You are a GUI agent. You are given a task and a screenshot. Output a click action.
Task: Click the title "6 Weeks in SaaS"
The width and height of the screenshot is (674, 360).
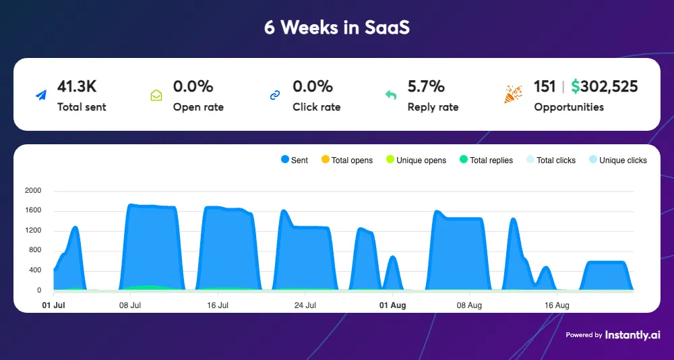336,28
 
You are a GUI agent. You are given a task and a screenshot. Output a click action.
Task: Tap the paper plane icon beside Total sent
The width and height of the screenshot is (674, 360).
42,96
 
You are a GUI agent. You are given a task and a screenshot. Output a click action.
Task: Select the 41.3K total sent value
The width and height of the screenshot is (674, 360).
77,86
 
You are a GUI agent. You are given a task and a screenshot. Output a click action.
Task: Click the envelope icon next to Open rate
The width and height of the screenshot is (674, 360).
156,96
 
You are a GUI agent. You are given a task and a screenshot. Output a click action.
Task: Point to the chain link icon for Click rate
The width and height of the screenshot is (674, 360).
274,96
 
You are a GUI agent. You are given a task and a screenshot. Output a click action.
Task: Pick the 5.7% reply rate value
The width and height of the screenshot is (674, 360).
426,86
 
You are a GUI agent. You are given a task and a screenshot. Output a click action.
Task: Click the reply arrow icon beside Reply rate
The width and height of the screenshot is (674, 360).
391,96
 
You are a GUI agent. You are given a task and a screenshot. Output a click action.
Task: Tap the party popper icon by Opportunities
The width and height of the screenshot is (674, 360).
513,94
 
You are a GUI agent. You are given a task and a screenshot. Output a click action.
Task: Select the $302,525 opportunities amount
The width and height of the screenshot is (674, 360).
604,86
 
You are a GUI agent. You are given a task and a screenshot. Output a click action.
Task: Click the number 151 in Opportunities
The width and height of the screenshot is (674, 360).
545,86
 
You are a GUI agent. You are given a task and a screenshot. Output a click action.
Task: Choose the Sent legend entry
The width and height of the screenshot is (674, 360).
294,160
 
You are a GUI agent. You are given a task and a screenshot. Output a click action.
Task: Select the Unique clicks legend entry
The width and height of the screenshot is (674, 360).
617,160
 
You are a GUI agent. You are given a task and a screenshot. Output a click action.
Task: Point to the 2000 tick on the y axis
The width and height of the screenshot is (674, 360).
33,191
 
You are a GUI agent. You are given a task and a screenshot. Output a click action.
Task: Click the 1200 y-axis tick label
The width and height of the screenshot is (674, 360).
33,231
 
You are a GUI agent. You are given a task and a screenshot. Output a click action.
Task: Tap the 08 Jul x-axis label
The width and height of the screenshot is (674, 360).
130,305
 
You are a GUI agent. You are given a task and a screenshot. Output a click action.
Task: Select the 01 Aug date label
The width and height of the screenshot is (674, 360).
392,305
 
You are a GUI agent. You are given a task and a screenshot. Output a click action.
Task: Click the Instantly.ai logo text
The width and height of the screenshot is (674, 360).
632,334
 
